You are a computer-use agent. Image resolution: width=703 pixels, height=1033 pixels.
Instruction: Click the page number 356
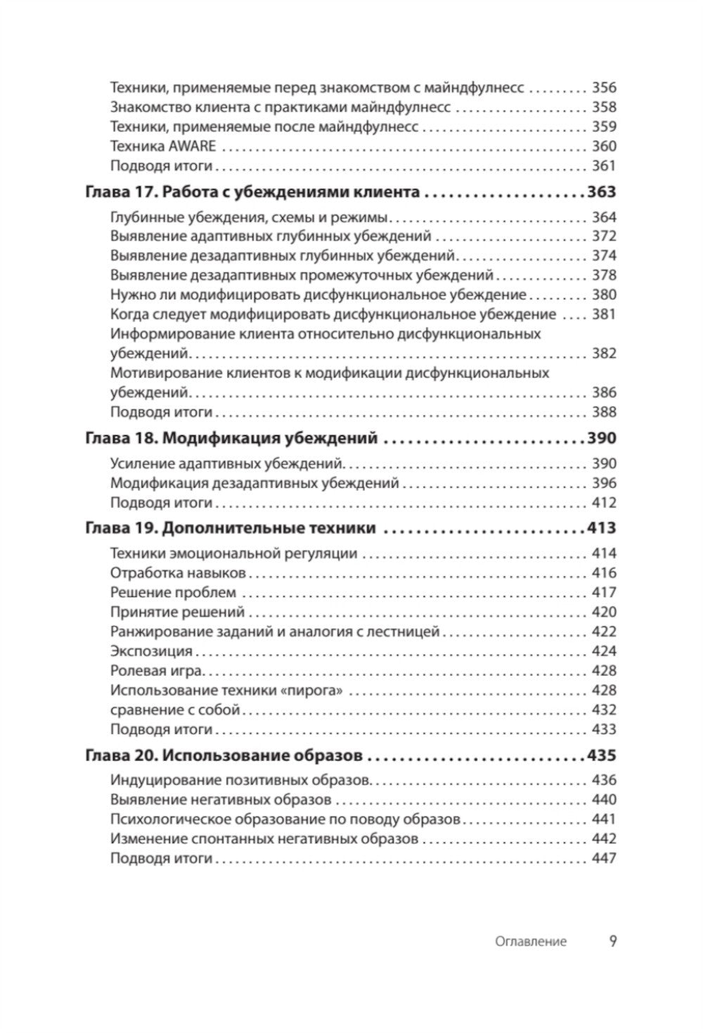603,88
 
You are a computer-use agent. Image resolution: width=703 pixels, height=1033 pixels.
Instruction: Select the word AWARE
193,146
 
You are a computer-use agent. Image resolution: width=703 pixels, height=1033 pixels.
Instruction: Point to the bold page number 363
601,192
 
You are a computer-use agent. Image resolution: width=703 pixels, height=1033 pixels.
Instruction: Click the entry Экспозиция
151,651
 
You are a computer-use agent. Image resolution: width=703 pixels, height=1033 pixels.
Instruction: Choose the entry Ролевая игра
156,671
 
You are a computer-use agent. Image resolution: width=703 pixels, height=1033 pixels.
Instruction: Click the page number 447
603,858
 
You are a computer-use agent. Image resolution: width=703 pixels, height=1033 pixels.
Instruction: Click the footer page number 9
612,941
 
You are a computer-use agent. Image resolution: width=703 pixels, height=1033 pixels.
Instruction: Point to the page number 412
603,503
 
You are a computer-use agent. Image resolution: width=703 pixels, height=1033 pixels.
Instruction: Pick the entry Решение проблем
173,592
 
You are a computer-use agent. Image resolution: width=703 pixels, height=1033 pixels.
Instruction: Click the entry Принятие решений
177,612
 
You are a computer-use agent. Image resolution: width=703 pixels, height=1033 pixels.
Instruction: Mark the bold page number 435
601,756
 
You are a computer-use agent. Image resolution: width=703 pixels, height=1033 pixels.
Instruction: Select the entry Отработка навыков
178,572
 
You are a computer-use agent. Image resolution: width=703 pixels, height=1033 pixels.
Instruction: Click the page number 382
603,353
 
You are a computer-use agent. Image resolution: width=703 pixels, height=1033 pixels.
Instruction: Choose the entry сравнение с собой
176,710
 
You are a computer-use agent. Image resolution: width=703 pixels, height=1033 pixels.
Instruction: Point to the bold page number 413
601,528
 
